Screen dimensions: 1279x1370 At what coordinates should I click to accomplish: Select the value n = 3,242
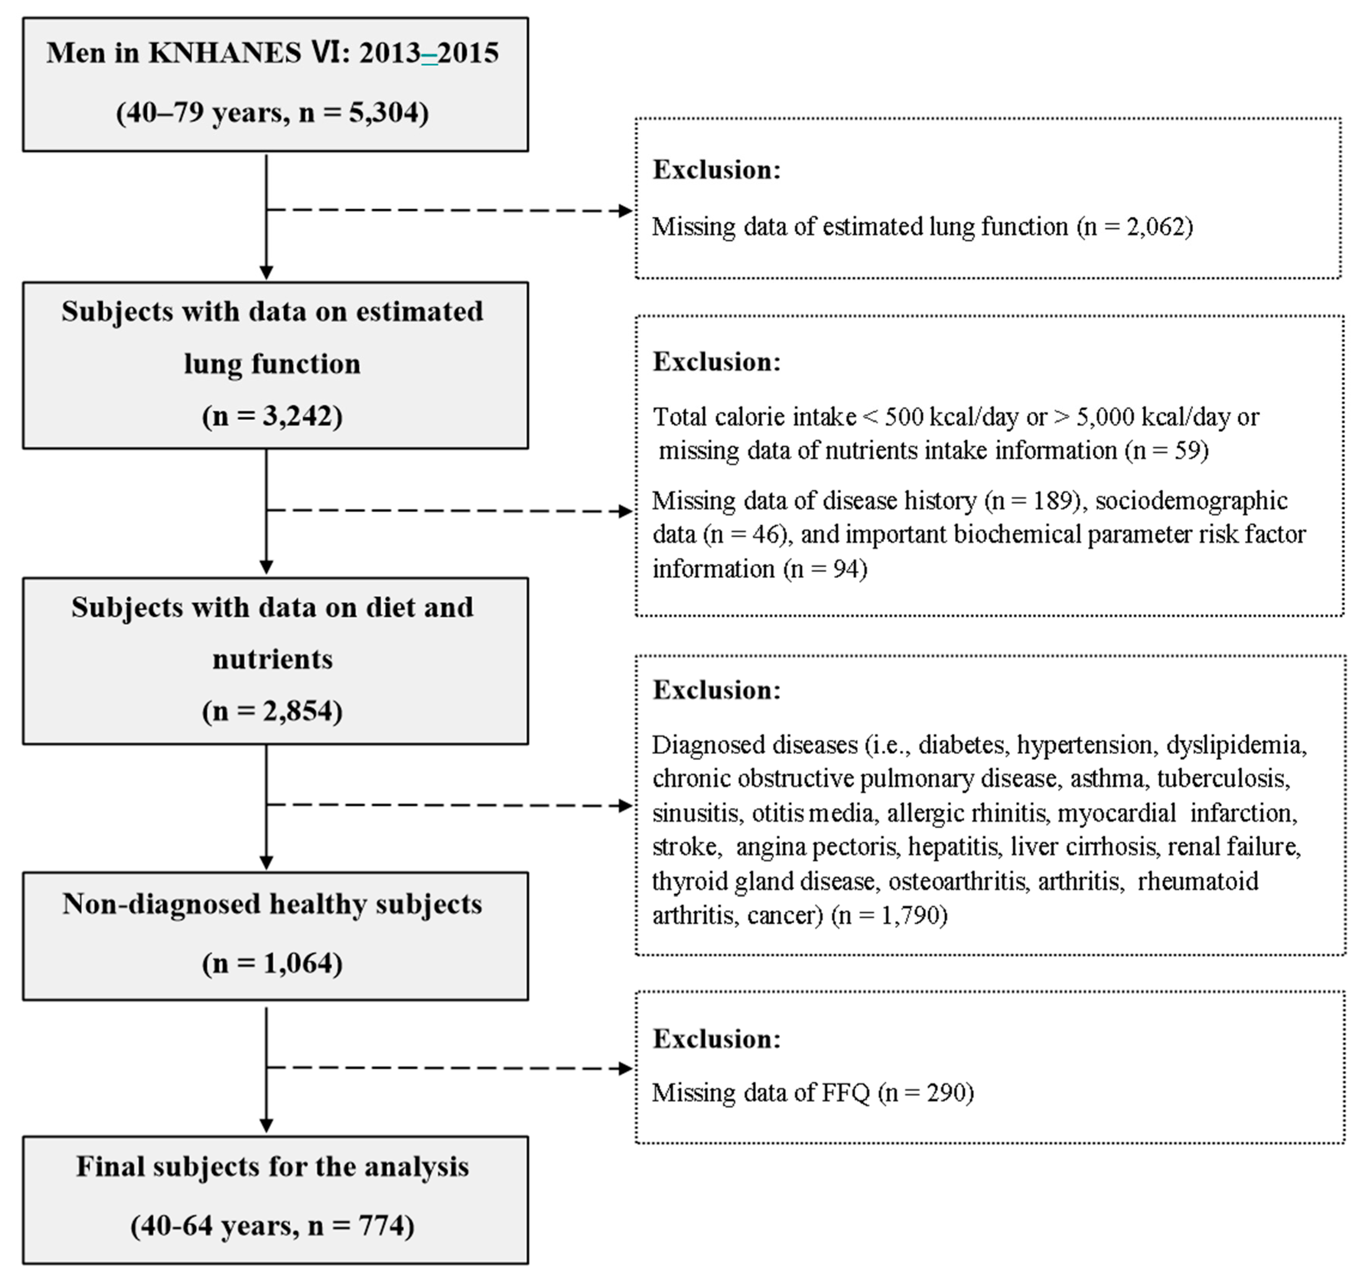pos(273,416)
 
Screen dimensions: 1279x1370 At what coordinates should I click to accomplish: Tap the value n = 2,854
pos(273,711)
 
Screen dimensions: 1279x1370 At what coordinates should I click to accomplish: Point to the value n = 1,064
pos(273,963)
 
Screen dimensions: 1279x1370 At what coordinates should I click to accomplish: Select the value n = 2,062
pos(1136,227)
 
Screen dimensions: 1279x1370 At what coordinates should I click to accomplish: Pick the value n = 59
pos(1167,451)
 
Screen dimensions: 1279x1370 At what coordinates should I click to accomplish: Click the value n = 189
pos(1032,500)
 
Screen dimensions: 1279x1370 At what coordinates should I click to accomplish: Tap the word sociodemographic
pos(1191,500)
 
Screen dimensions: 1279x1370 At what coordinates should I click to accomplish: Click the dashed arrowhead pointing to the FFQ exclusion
pos(626,1069)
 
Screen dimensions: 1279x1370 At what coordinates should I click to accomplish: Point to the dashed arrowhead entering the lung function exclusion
pos(626,211)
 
